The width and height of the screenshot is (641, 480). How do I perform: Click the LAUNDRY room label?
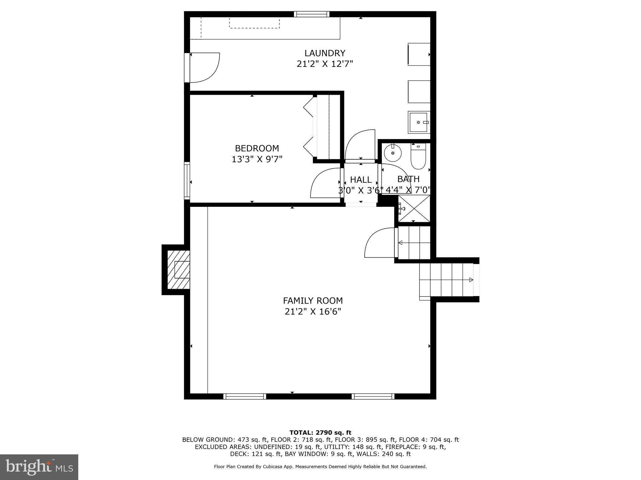(x=325, y=53)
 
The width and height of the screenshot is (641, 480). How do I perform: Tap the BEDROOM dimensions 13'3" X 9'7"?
(x=257, y=159)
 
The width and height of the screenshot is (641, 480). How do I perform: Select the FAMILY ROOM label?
(x=313, y=301)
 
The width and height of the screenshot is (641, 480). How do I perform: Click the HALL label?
(x=361, y=180)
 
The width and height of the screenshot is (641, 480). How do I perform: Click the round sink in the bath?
(x=392, y=153)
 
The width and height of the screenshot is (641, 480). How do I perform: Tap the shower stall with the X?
(x=414, y=208)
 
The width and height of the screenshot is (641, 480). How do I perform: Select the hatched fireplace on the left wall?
(x=178, y=270)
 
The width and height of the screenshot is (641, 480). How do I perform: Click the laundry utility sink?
(x=419, y=122)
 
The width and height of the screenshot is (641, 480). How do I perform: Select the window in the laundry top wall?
(x=312, y=14)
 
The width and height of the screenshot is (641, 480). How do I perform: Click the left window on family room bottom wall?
(x=245, y=396)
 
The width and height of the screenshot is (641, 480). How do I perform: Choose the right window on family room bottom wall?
(x=373, y=396)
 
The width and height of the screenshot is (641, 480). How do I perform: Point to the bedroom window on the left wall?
(x=187, y=181)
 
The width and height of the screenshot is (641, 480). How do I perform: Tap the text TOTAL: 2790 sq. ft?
(x=320, y=432)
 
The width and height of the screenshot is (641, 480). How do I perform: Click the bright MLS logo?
(x=39, y=467)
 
